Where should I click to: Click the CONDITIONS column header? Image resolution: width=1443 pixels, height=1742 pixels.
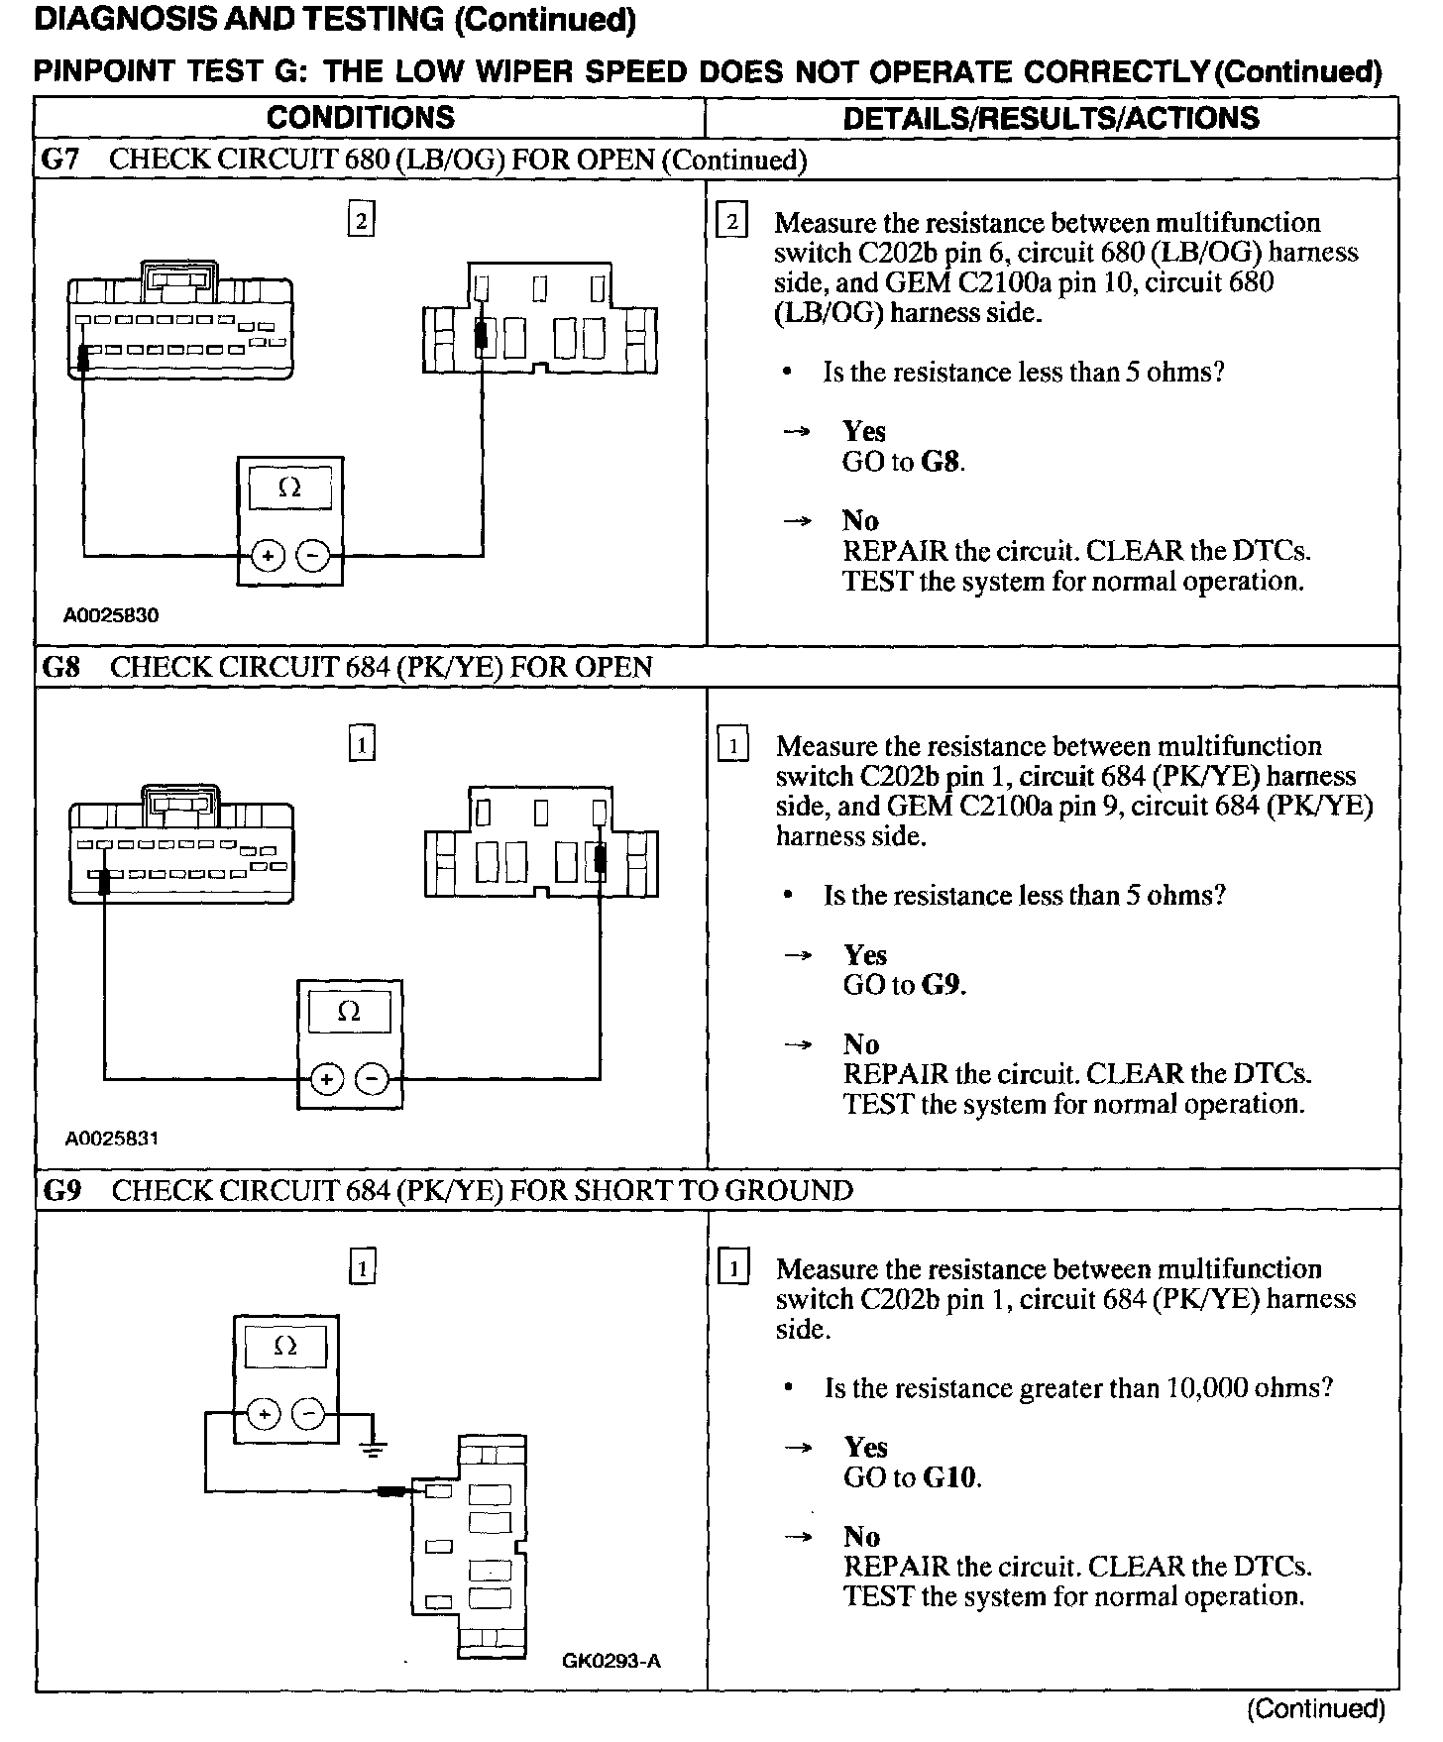click(361, 118)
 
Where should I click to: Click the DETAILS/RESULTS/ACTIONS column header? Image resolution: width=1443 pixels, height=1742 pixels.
click(1051, 118)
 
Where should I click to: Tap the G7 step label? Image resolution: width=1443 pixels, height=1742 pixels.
click(60, 160)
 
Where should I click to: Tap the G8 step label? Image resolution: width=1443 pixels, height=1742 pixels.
click(60, 667)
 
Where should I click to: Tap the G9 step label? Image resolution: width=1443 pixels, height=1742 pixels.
click(61, 1190)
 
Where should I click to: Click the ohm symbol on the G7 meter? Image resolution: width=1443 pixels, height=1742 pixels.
click(290, 489)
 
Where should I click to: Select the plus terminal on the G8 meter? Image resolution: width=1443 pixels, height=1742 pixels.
click(327, 1078)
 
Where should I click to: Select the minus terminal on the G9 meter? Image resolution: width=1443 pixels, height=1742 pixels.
click(310, 1414)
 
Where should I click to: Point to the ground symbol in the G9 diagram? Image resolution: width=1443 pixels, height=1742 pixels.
click(373, 1450)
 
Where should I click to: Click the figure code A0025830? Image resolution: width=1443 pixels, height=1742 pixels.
click(111, 615)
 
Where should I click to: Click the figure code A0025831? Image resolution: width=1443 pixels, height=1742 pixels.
click(111, 1139)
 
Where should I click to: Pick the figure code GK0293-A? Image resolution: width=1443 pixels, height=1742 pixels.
click(610, 1661)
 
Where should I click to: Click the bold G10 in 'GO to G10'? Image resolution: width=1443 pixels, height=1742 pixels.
click(950, 1477)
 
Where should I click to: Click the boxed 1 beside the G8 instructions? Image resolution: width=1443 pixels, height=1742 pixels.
click(732, 744)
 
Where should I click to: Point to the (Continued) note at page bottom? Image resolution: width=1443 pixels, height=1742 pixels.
click(1315, 1708)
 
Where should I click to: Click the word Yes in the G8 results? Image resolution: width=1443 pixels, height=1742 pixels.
click(865, 954)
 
